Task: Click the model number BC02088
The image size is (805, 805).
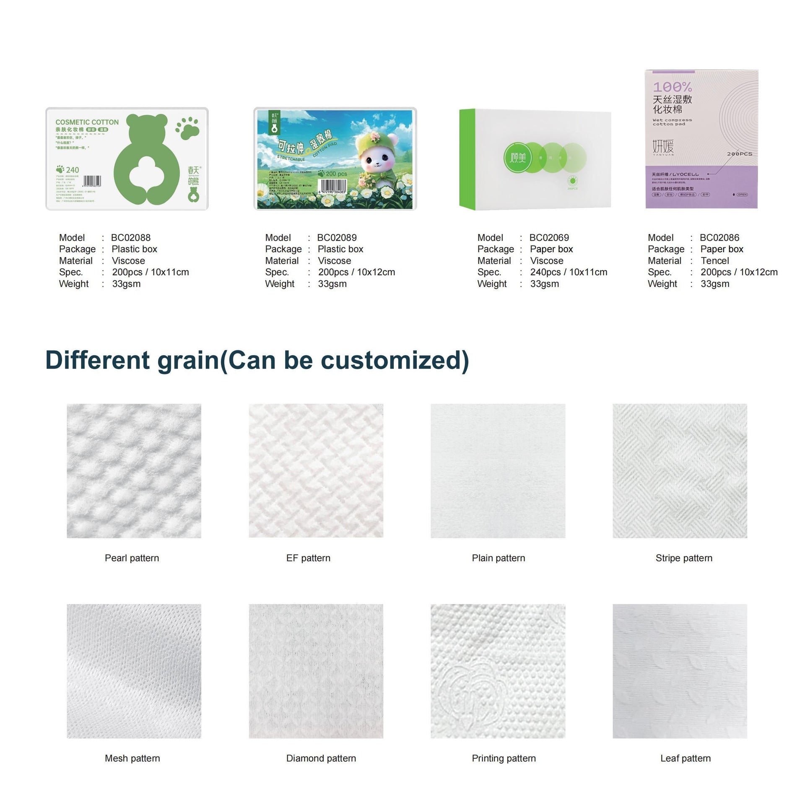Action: [x=130, y=238]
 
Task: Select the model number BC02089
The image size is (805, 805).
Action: [x=337, y=238]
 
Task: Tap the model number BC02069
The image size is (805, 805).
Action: [x=549, y=238]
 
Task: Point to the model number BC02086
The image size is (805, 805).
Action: [x=719, y=238]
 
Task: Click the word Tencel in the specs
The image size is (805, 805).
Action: [x=715, y=261]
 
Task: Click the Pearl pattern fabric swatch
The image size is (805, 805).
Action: [x=134, y=471]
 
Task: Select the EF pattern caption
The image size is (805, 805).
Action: [x=308, y=558]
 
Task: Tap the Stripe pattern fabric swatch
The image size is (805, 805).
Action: [x=680, y=471]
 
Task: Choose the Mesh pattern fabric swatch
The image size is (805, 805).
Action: [x=134, y=671]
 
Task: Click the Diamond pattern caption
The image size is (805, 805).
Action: [x=321, y=758]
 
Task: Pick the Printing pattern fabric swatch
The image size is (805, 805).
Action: [x=498, y=671]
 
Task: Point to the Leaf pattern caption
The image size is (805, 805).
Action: [x=685, y=758]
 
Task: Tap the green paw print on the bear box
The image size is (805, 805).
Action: [x=187, y=127]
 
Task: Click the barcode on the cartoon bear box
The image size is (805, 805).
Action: [x=333, y=186]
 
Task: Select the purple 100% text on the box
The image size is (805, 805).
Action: [x=672, y=87]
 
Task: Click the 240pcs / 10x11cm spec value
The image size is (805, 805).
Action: [x=569, y=272]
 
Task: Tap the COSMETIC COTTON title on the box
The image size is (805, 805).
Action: [x=87, y=122]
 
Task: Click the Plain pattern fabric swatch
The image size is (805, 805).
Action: [x=498, y=471]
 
